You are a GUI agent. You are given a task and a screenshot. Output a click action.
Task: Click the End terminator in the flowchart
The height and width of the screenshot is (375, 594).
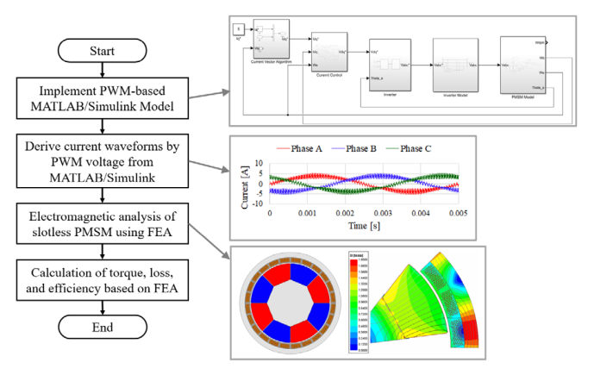(103, 327)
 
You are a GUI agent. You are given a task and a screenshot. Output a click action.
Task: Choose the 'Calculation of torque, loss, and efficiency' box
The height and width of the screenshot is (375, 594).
(103, 274)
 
